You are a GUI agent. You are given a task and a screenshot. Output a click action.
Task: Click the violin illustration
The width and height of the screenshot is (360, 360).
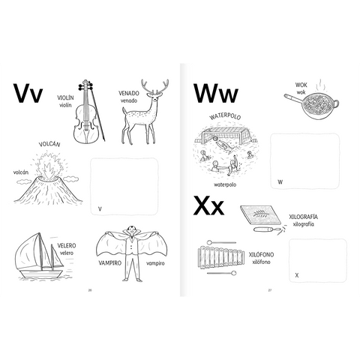click(87, 112)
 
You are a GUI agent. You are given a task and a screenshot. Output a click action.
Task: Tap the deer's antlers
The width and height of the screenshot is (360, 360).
click(154, 87)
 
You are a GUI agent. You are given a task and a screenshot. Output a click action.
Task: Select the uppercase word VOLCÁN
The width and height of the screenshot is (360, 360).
click(49, 144)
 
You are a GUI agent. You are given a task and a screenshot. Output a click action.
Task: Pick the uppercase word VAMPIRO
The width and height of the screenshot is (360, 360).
click(109, 262)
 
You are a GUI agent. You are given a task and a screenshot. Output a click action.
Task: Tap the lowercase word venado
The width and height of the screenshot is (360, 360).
click(129, 100)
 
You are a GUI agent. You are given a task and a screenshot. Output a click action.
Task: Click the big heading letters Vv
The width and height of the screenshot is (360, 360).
click(28, 93)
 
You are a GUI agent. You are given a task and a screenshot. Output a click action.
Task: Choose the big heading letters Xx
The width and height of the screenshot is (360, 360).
click(208, 205)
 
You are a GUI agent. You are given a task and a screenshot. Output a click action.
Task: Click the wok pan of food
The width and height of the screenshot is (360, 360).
click(311, 106)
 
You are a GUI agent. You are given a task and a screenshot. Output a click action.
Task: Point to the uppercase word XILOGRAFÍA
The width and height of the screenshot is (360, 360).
click(303, 217)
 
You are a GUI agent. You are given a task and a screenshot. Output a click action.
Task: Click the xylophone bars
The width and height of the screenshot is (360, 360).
click(221, 258)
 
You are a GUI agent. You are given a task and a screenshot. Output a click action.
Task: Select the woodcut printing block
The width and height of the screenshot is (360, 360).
click(260, 215)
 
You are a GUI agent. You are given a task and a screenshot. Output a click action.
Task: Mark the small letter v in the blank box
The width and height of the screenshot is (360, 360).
click(100, 209)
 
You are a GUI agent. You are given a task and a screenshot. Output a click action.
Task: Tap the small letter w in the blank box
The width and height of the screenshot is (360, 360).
click(280, 182)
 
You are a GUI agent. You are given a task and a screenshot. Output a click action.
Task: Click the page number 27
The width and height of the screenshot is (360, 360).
click(270, 290)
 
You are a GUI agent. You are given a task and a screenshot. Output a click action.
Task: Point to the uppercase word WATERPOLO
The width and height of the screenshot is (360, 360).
click(226, 117)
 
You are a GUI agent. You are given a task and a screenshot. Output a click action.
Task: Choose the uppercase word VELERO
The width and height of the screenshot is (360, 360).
click(67, 245)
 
